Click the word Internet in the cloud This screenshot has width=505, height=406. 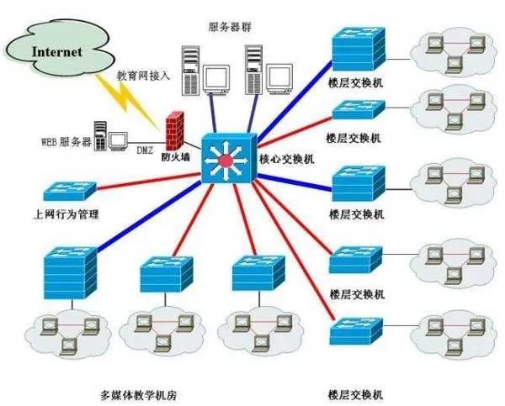(x=57, y=50)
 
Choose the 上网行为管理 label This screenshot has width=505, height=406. (x=66, y=214)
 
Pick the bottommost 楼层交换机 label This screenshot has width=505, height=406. (x=357, y=394)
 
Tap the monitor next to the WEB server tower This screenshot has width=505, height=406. (x=118, y=139)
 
